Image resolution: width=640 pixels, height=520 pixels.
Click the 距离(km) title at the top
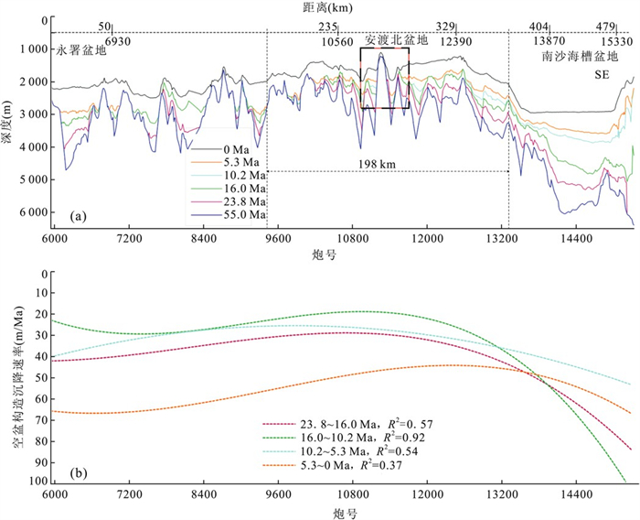click(338, 7)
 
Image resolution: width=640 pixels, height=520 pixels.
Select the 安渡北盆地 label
click(397, 41)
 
